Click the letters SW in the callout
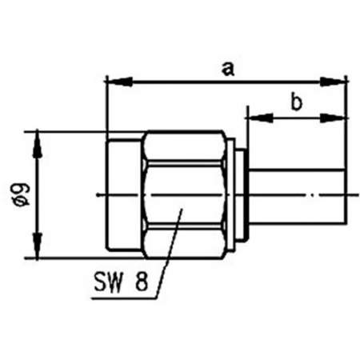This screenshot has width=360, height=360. pyautogui.click(x=107, y=284)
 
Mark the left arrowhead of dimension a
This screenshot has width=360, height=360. pyautogui.click(x=114, y=81)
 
